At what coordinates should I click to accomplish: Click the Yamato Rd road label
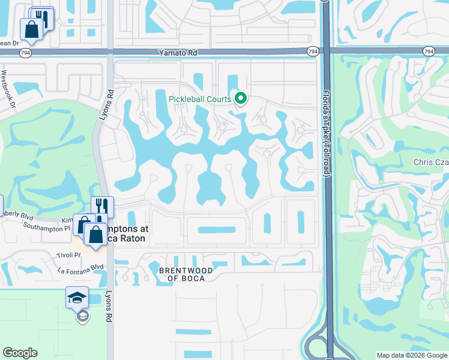178,53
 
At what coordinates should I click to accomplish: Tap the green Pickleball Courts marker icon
241,98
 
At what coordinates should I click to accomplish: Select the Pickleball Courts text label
200,98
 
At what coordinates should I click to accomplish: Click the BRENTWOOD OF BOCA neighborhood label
186,274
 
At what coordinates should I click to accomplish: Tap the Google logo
20,353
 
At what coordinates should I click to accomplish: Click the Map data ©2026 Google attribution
411,355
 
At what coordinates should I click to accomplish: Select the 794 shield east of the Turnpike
428,52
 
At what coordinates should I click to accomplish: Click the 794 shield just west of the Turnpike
312,52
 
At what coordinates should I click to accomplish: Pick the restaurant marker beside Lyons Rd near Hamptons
102,207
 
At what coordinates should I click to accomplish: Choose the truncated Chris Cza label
431,163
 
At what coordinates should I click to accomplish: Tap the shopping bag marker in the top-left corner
31,28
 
